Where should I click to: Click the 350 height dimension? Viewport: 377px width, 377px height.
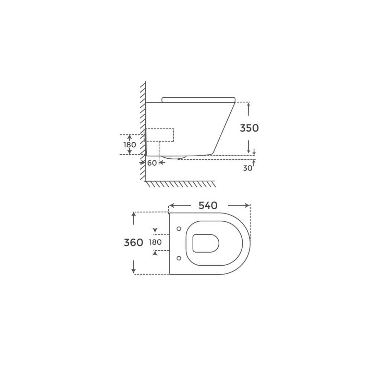tap(249, 128)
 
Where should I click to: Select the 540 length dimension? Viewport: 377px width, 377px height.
tap(208, 206)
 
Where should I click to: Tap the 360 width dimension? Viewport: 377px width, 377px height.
tap(133, 243)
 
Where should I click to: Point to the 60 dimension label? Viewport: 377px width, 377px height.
tap(152, 163)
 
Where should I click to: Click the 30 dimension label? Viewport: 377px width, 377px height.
tap(248, 168)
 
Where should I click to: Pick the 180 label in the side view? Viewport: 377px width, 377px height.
tap(130, 145)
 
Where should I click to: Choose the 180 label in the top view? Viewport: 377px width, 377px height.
tap(155, 242)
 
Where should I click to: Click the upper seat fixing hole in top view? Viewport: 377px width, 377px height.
tap(179, 229)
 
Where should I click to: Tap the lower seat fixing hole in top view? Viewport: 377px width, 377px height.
tap(179, 258)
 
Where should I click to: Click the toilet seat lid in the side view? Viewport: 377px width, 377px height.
tap(198, 100)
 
